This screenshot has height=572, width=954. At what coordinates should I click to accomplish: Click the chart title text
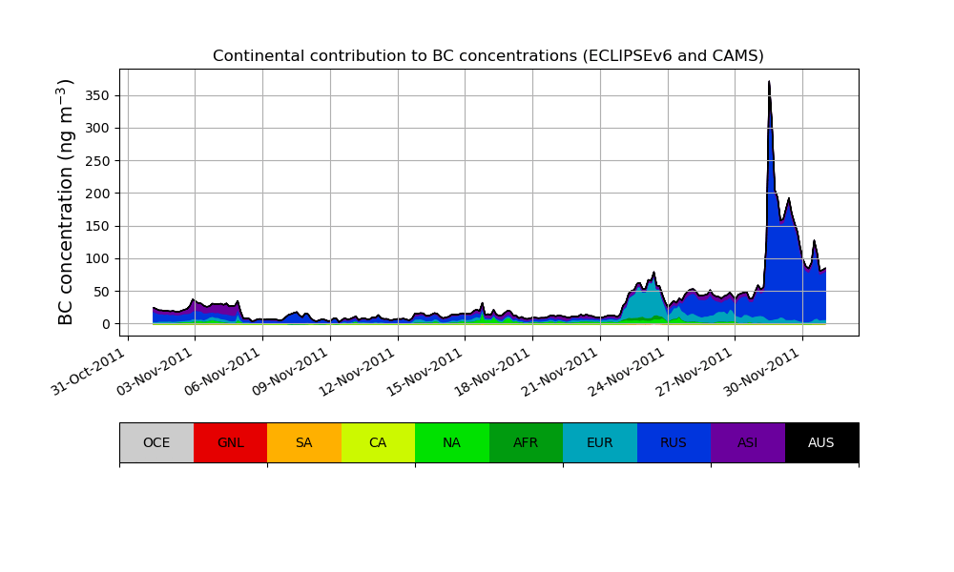[x=487, y=56]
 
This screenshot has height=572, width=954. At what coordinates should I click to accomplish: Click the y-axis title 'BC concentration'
[x=66, y=202]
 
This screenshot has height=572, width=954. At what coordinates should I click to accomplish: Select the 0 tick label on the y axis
[x=108, y=324]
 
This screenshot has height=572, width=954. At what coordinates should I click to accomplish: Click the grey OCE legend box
[x=156, y=442]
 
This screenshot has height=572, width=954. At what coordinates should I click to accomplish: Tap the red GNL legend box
[x=230, y=442]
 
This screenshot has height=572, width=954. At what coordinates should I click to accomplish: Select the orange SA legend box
[x=304, y=442]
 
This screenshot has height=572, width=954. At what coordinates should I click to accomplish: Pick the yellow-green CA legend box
[x=378, y=442]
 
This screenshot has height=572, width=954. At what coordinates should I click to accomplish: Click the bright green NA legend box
[x=452, y=442]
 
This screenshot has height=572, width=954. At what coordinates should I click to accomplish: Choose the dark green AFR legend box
[x=526, y=442]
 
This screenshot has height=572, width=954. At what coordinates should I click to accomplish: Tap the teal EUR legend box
[x=600, y=442]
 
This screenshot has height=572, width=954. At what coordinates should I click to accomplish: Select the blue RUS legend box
[x=674, y=442]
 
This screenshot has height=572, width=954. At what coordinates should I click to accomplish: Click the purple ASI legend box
[x=748, y=442]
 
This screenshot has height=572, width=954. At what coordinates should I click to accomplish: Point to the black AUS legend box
[x=821, y=442]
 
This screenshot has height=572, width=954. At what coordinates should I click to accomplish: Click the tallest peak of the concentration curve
[x=769, y=82]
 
